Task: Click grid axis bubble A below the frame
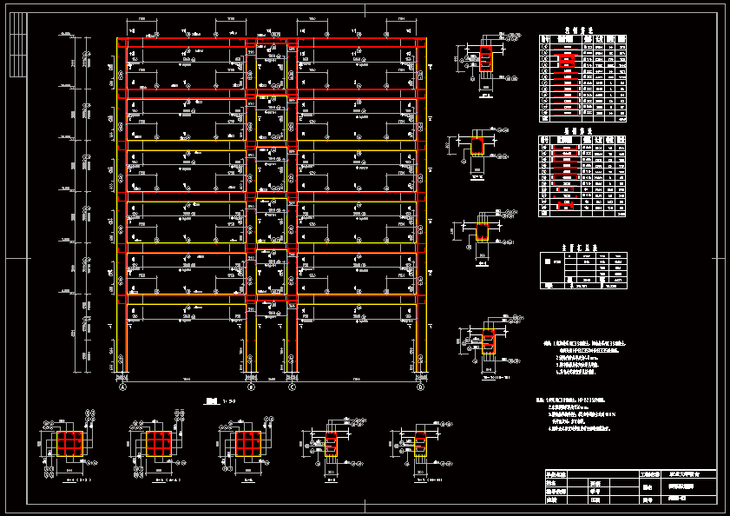tap(122, 387)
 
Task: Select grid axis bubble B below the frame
tap(251, 387)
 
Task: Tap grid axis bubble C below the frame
tap(293, 387)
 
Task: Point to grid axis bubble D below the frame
tap(420, 387)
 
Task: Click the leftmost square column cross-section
tap(70, 445)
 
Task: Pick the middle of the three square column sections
tap(157, 445)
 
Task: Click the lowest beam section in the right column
tap(488, 342)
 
